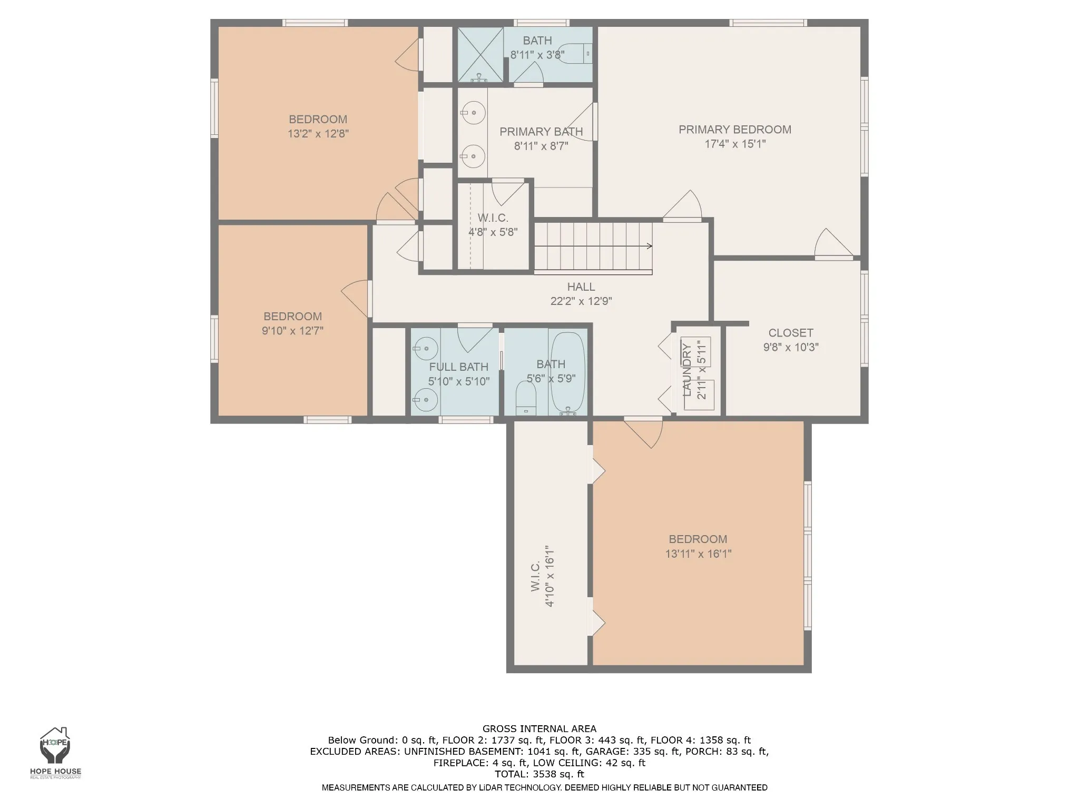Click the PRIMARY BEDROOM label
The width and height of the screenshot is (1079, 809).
pyautogui.click(x=735, y=130)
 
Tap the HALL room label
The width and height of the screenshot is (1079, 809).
pyautogui.click(x=581, y=287)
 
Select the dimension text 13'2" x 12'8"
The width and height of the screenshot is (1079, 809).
pyautogui.click(x=318, y=134)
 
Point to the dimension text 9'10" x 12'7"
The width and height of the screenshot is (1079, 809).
pyautogui.click(x=292, y=331)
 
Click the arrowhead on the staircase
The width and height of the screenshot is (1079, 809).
pyautogui.click(x=650, y=246)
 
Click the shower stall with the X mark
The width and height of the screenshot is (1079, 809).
pyautogui.click(x=480, y=55)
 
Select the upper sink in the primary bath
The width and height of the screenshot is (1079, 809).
pyautogui.click(x=473, y=113)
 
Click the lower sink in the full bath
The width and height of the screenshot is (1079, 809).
pyautogui.click(x=425, y=400)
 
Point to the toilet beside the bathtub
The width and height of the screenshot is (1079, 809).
pyautogui.click(x=526, y=399)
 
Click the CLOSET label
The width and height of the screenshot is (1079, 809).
pyautogui.click(x=791, y=333)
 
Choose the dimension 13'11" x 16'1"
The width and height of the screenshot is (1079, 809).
pyautogui.click(x=698, y=554)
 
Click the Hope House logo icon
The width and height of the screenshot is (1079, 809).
pyautogui.click(x=55, y=747)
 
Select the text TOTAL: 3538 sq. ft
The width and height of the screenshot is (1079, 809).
pyautogui.click(x=539, y=774)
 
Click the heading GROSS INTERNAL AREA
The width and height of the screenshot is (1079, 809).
pyautogui.click(x=539, y=729)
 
